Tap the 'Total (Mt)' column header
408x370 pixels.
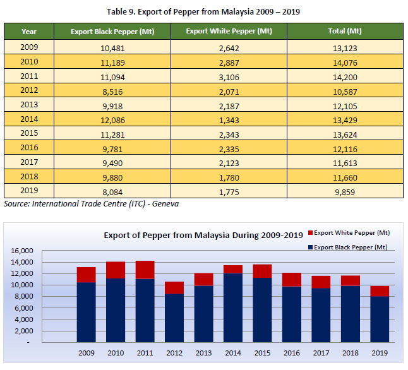click(x=345, y=31)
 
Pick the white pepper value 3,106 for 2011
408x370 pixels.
click(x=229, y=76)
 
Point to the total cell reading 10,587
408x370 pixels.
click(x=345, y=90)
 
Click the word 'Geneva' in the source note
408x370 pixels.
click(x=172, y=203)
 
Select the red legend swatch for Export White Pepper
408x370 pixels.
click(x=309, y=233)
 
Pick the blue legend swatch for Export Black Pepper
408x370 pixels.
click(x=309, y=248)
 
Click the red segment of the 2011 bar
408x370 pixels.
click(x=145, y=270)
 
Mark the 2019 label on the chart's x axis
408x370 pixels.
click(x=380, y=352)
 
